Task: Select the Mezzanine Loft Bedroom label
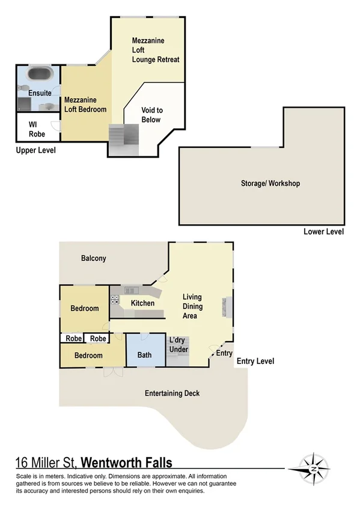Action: click(x=85, y=105)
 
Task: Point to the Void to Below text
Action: click(x=151, y=115)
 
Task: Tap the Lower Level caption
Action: click(x=323, y=232)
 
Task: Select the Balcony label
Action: click(x=93, y=259)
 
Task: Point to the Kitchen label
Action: click(x=142, y=303)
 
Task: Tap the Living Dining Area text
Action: click(x=192, y=306)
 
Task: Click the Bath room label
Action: click(x=144, y=355)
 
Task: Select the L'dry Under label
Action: click(x=178, y=345)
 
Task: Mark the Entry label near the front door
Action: click(x=224, y=353)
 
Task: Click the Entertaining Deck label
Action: click(x=172, y=393)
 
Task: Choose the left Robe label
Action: click(x=73, y=339)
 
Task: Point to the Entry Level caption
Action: click(x=255, y=361)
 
